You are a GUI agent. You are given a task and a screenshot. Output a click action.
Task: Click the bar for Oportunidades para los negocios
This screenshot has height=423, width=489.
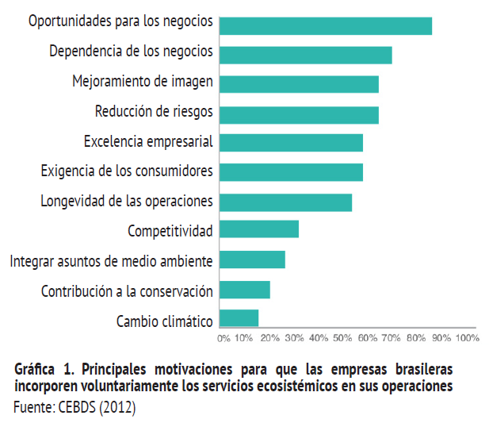(x=325, y=25)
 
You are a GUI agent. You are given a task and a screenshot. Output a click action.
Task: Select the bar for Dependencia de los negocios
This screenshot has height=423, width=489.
(x=305, y=55)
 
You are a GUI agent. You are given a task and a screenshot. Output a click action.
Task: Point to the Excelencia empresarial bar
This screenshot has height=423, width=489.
(x=290, y=143)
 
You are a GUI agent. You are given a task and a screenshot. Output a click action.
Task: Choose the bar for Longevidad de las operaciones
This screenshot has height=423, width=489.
(x=285, y=202)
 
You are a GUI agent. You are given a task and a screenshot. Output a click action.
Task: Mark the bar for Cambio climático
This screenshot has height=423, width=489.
(x=239, y=318)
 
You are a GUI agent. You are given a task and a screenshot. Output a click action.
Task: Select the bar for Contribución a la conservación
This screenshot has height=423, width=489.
(x=244, y=290)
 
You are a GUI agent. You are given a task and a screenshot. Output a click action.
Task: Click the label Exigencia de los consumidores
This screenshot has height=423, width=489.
(x=126, y=171)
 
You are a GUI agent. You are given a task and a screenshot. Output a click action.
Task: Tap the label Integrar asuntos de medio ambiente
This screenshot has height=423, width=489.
(x=111, y=260)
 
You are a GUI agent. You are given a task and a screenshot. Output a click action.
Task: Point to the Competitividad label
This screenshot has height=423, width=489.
(x=170, y=231)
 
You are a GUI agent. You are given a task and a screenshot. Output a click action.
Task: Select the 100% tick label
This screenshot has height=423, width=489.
(x=468, y=338)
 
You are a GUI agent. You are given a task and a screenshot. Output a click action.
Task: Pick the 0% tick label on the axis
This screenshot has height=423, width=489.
(x=223, y=338)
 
